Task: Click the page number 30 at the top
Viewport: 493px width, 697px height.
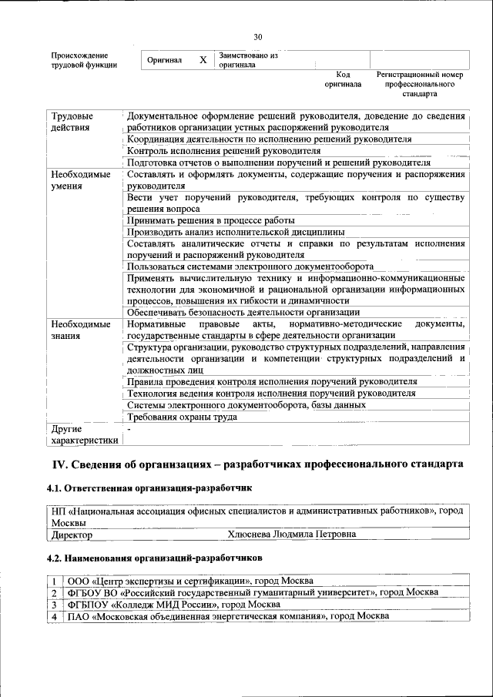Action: [257, 36]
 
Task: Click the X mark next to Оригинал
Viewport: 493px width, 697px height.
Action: [203, 60]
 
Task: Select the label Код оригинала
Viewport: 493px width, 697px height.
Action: [343, 79]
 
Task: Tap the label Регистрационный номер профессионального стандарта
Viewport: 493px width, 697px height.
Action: [420, 84]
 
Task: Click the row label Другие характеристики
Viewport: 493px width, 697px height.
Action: [83, 434]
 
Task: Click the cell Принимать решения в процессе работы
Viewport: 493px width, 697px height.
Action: [210, 220]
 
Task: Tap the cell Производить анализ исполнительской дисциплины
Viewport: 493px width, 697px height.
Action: [235, 232]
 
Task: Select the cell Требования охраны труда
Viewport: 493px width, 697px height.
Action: [182, 417]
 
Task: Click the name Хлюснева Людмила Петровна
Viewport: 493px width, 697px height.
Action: [292, 533]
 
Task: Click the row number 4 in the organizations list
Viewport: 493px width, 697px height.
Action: [55, 617]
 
